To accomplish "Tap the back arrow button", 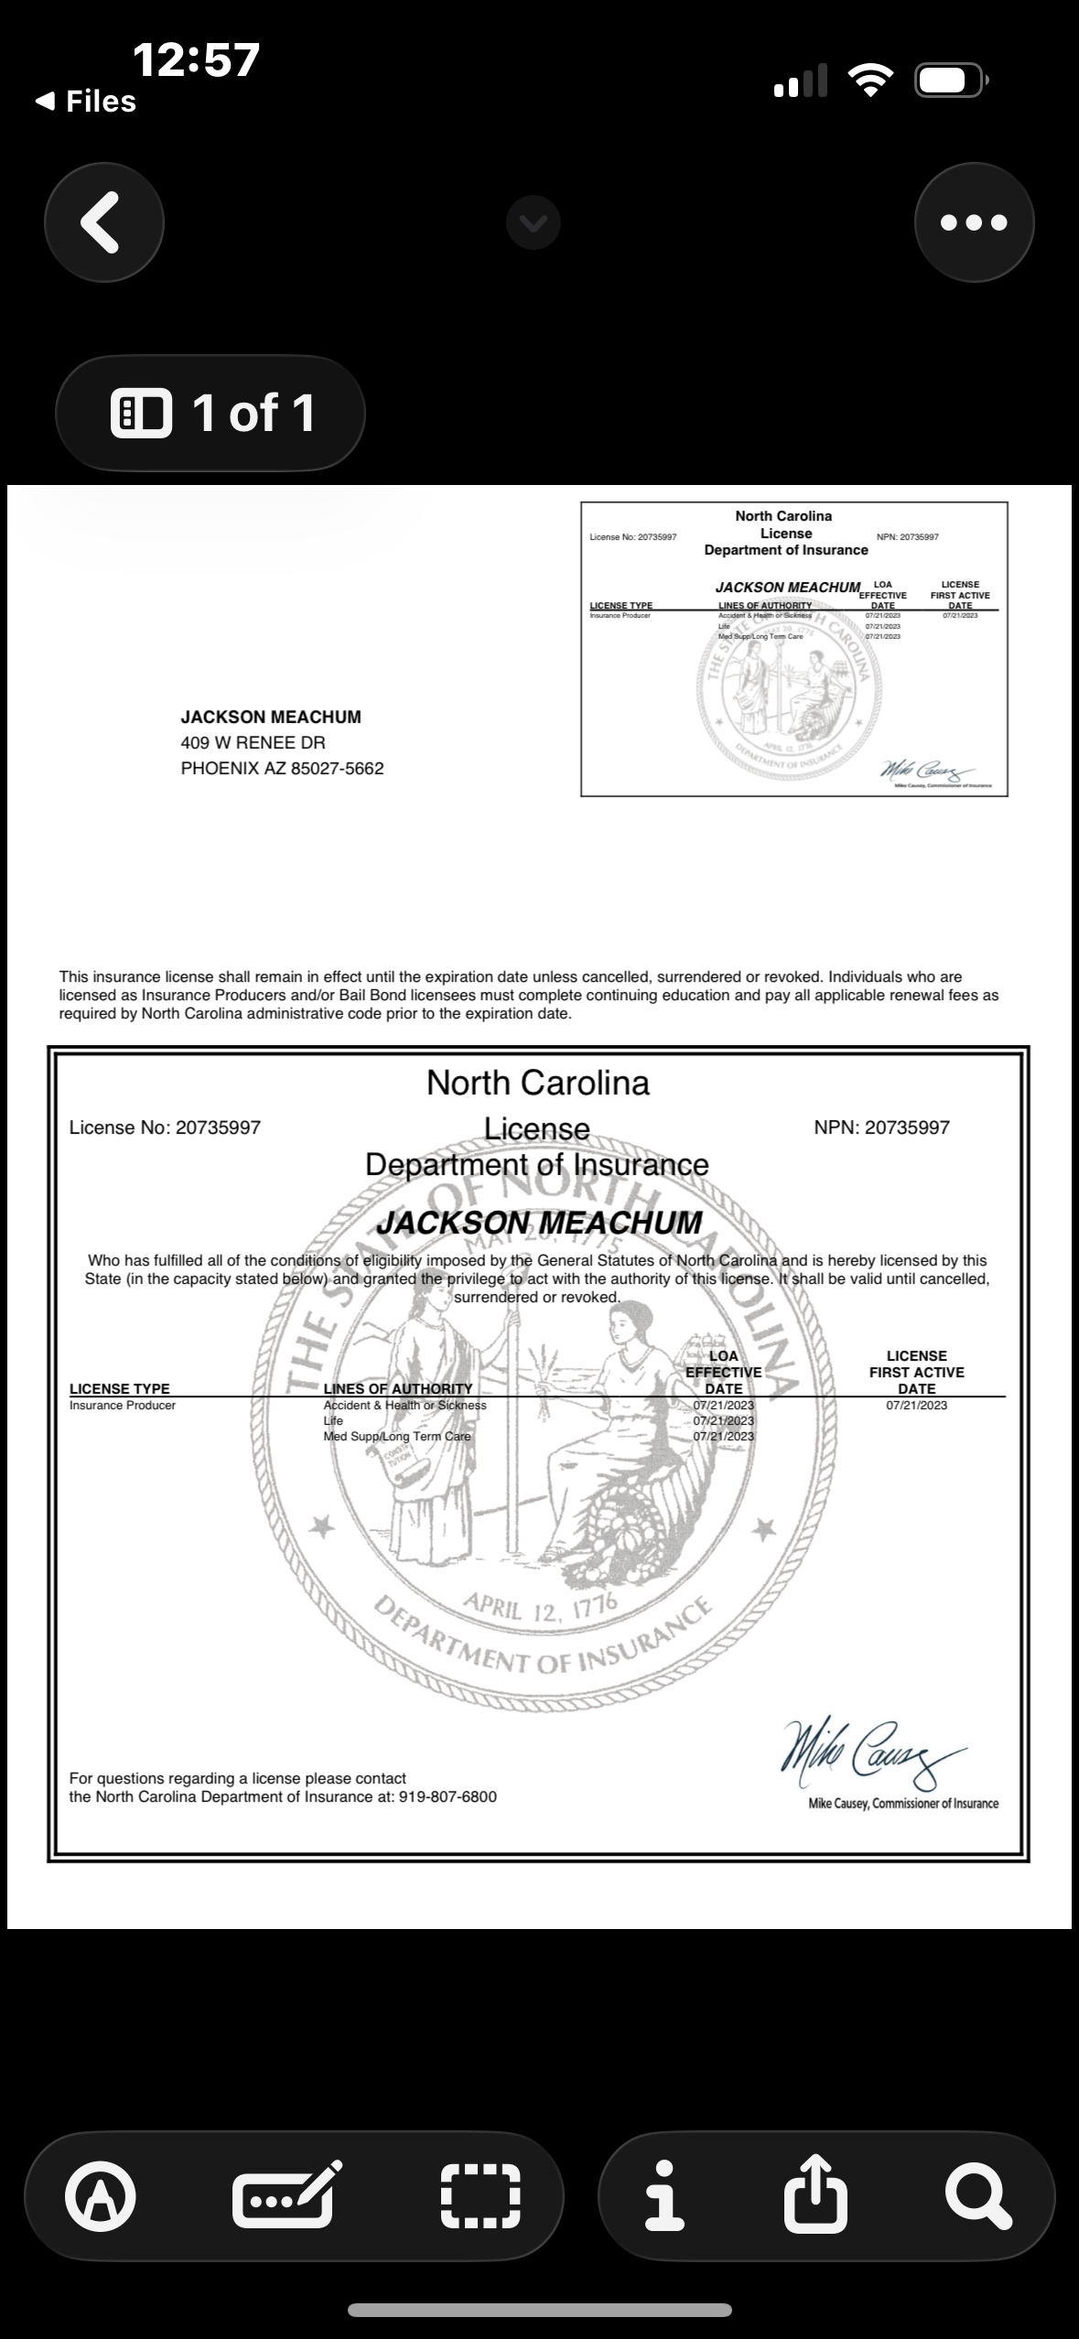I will coord(103,222).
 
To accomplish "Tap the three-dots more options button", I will coord(974,222).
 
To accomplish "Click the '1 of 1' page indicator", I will coord(210,413).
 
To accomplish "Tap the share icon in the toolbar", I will coord(815,2194).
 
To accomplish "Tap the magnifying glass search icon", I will coord(978,2194).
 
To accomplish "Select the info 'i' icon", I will coord(664,2194).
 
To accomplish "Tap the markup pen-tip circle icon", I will coord(101,2194).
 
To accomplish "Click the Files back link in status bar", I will coord(87,102).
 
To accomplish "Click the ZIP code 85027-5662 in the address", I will coord(337,769).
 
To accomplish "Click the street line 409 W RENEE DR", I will coord(253,743).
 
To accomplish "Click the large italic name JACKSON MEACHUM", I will coord(539,1223).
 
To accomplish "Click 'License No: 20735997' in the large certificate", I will coord(165,1127).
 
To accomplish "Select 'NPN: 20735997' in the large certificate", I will coord(881,1127).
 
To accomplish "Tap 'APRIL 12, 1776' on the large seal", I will coord(541,1607).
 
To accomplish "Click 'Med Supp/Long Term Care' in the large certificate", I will coord(396,1437).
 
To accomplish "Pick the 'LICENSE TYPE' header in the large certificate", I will coord(120,1388).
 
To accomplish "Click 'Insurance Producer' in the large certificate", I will coord(123,1406).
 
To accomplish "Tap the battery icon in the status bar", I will coord(949,81).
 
